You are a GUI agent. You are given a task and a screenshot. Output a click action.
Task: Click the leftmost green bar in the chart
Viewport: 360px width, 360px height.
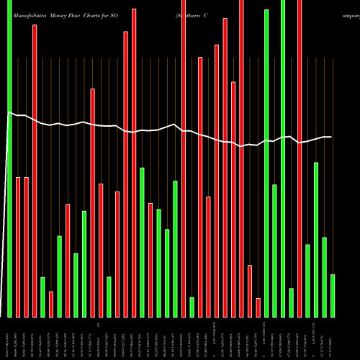pos(9,158)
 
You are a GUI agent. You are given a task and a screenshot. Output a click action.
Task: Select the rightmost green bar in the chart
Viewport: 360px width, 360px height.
pos(332,295)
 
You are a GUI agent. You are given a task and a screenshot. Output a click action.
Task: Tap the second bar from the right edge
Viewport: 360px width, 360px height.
pos(324,277)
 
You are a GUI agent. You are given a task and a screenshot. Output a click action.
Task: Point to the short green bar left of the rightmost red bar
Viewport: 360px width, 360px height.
pos(291,302)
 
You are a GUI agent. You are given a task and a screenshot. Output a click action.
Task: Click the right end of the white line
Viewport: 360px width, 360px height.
pos(331,137)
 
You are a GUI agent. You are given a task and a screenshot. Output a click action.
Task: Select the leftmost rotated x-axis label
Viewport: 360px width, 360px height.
pos(9,338)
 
